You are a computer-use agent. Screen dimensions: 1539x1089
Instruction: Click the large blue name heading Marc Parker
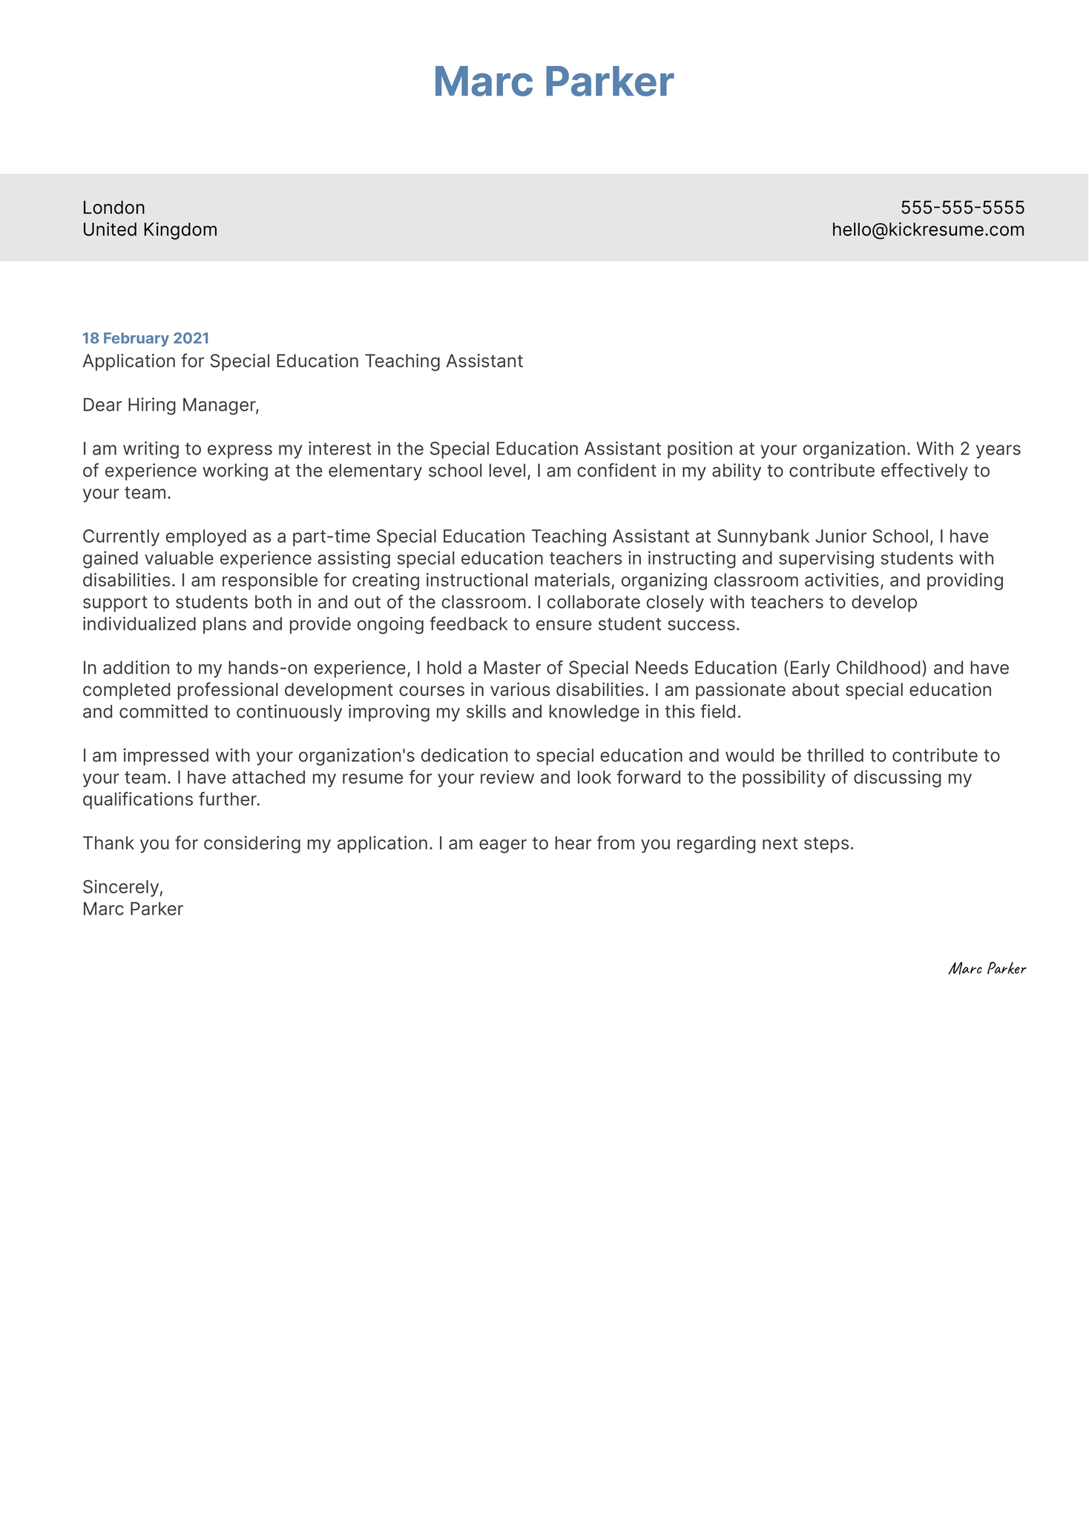pyautogui.click(x=553, y=82)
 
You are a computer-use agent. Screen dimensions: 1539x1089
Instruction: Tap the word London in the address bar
pyautogui.click(x=113, y=208)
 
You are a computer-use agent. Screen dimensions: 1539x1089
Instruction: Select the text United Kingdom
pyautogui.click(x=150, y=230)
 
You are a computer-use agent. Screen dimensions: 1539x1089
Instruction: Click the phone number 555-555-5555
pyautogui.click(x=962, y=208)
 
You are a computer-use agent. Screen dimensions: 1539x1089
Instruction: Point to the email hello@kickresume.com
pyautogui.click(x=927, y=230)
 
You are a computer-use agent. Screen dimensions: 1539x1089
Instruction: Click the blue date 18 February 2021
pyautogui.click(x=145, y=339)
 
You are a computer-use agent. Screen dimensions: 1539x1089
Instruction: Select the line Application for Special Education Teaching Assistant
pyautogui.click(x=302, y=361)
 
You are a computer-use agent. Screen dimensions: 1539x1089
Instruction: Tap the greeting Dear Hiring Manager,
pyautogui.click(x=171, y=405)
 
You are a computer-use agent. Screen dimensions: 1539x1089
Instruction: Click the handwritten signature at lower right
pyautogui.click(x=987, y=969)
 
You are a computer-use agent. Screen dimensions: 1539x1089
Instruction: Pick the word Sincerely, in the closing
pyautogui.click(x=122, y=887)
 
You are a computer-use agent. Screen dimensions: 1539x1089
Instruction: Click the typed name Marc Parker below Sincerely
pyautogui.click(x=133, y=909)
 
